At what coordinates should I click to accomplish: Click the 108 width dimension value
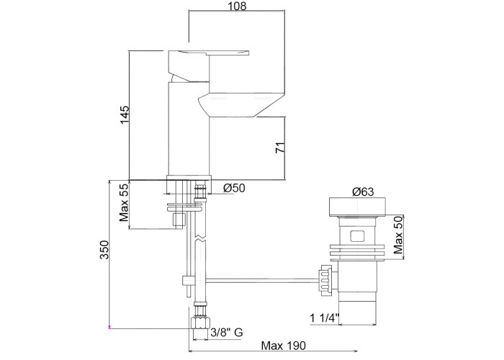[237, 6]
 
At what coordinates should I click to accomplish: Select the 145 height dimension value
[125, 114]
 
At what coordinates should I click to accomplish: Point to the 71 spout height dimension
[280, 147]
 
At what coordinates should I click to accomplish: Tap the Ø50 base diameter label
[234, 188]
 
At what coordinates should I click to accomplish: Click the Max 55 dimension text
[124, 203]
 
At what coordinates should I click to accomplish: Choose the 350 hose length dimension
[104, 249]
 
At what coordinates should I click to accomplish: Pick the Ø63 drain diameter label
[363, 192]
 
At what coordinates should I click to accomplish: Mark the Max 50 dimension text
[398, 235]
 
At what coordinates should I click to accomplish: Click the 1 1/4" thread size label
[324, 318]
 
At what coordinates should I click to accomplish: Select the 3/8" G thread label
[227, 333]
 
